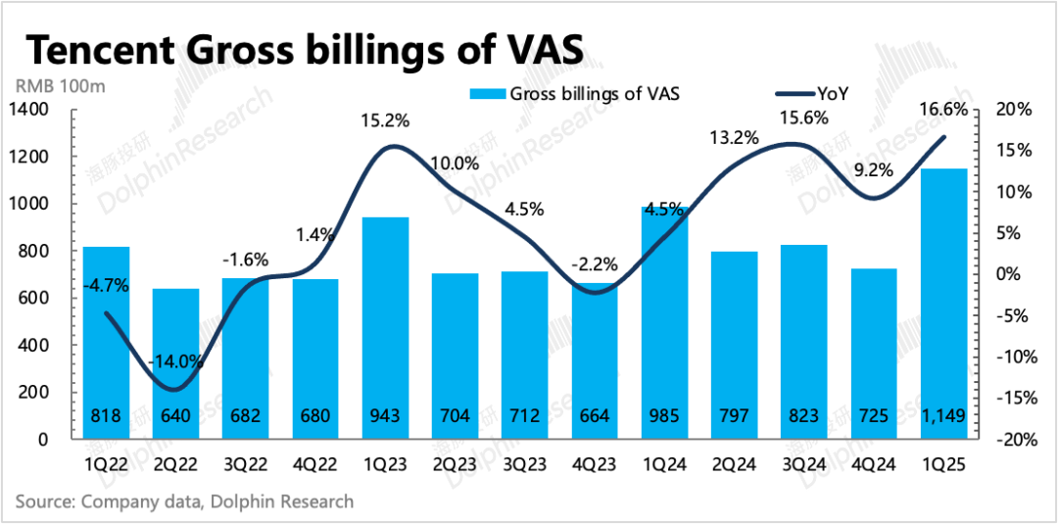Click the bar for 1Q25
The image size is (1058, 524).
click(x=944, y=304)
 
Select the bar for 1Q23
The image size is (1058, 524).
click(x=385, y=328)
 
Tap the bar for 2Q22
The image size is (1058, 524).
click(x=176, y=363)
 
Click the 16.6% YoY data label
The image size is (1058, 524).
click(x=943, y=110)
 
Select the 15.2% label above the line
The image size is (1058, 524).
click(x=385, y=121)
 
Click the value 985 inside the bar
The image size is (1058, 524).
click(x=665, y=415)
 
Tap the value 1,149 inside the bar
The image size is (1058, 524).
click(x=944, y=415)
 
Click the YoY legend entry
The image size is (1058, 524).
click(x=812, y=94)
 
